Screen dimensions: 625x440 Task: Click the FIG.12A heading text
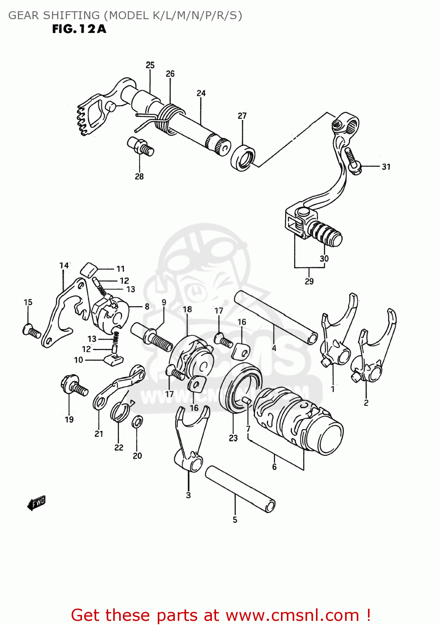pos(79,29)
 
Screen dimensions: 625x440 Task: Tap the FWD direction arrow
pos(36,503)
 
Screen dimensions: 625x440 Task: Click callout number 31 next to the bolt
pos(386,167)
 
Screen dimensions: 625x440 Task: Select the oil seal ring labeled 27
pos(243,158)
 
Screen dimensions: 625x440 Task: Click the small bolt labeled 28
pos(140,146)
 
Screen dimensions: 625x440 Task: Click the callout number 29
pos(309,281)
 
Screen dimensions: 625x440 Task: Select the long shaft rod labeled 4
pos(275,317)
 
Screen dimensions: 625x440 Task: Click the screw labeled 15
pos(32,331)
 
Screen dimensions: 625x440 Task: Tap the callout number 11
pos(120,269)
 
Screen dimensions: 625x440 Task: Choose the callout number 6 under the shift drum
pos(274,467)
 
